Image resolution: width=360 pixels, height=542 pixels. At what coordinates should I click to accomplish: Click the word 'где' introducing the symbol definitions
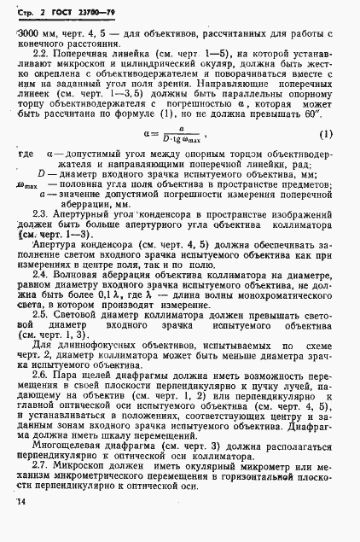[x=26, y=154]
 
